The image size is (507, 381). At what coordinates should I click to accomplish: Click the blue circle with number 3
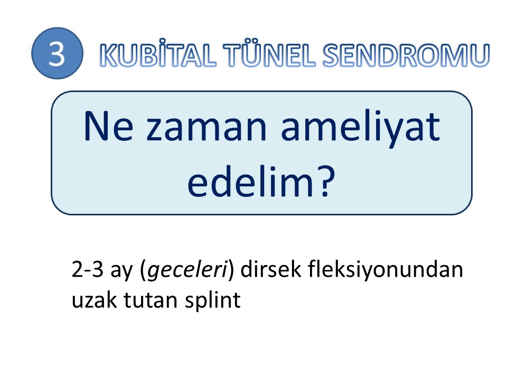coord(57,53)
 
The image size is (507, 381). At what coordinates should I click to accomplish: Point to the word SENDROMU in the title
coord(406,55)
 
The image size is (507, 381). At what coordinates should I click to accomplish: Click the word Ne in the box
coord(109,126)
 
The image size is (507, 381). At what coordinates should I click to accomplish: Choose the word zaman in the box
coord(206,129)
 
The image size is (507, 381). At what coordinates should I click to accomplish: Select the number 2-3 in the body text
coord(87,269)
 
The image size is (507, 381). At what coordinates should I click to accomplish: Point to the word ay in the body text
coord(121,272)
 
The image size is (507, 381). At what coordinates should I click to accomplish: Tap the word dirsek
coord(270,269)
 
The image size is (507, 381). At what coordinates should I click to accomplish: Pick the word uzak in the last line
coord(94,300)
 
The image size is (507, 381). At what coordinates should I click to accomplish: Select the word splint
coord(213,301)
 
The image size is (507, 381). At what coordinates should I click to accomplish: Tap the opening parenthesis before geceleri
coord(143,270)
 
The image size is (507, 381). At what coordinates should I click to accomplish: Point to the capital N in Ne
coord(96,126)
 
